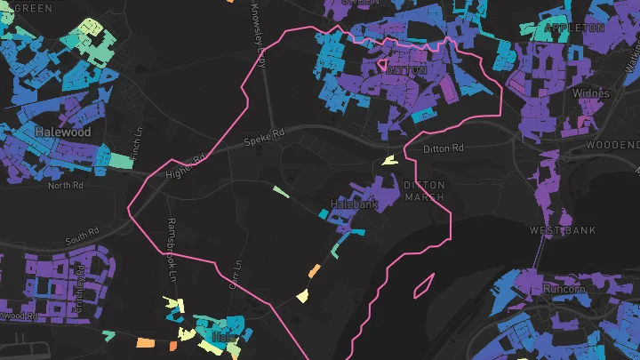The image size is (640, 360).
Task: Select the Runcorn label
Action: pyautogui.click(x=564, y=289)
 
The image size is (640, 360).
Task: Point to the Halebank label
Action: pyautogui.click(x=354, y=204)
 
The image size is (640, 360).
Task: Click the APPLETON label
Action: pyautogui.click(x=574, y=28)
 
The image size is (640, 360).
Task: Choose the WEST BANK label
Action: pyautogui.click(x=562, y=230)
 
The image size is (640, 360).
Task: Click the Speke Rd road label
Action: pyautogui.click(x=265, y=135)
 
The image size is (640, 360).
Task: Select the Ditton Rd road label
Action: pyautogui.click(x=444, y=148)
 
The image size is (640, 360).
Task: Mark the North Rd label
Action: pyautogui.click(x=65, y=185)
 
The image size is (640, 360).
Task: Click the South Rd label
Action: pyautogui.click(x=83, y=239)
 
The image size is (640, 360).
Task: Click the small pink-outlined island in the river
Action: pyautogui.click(x=423, y=284)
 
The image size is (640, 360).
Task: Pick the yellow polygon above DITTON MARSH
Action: pyautogui.click(x=388, y=160)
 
